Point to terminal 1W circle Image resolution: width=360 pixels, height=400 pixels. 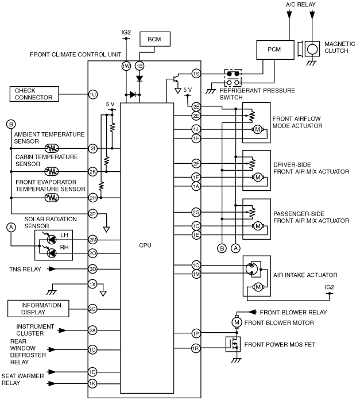126,66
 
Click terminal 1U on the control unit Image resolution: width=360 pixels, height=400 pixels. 93,94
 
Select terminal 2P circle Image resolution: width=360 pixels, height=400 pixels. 93,214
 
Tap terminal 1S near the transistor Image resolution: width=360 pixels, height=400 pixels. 196,74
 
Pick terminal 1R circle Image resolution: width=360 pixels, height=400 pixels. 196,348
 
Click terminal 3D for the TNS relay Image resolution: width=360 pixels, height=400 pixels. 93,269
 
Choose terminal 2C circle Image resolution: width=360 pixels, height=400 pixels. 93,309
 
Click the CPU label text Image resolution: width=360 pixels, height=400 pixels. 145,245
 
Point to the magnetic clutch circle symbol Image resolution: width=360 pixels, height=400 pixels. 312,49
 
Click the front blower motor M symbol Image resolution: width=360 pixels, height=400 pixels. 237,322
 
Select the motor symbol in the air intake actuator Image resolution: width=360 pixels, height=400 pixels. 258,287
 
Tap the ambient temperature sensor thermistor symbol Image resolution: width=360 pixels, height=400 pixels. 52,148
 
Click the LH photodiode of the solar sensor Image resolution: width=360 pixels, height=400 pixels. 52,240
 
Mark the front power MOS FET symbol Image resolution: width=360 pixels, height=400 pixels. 233,344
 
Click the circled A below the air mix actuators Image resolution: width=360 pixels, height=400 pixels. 235,248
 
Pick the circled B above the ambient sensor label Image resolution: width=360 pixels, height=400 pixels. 11,125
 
